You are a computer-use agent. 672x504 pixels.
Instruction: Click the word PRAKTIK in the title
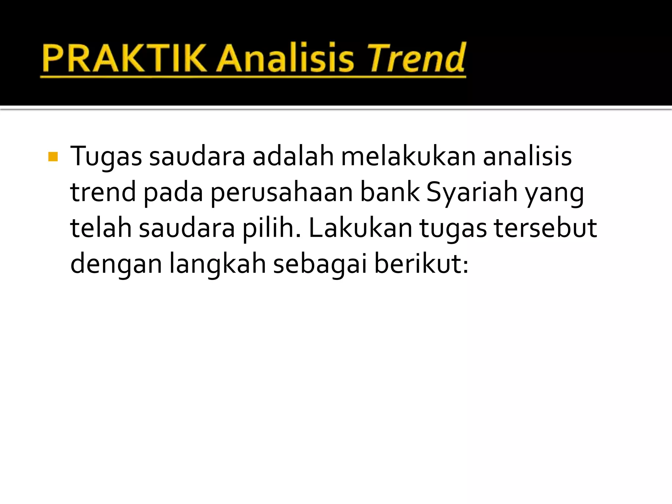(x=124, y=58)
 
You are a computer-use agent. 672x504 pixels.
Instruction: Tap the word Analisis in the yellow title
(x=285, y=58)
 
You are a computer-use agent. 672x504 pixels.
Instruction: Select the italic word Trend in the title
(x=416, y=58)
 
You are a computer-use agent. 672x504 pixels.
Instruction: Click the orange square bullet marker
(x=53, y=157)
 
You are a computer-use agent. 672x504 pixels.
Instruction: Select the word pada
(x=173, y=193)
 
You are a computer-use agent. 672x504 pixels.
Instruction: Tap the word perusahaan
(x=281, y=193)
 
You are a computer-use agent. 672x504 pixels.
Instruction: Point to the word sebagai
(x=320, y=264)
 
